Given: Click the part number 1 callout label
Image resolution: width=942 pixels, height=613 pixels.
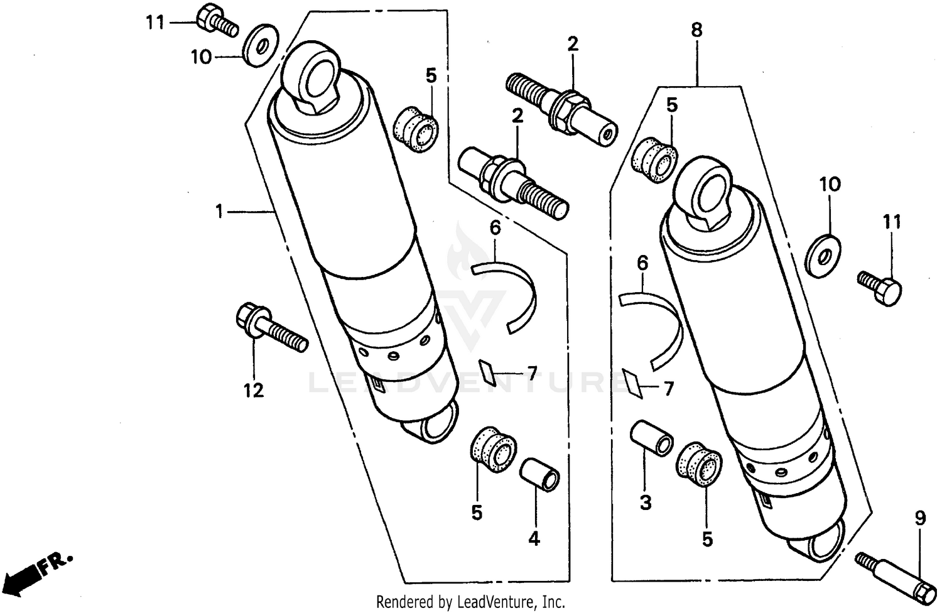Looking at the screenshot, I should coord(219,212).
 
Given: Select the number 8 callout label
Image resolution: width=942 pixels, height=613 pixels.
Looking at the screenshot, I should coord(696,30).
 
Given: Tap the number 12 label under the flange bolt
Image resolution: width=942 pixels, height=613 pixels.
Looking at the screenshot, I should coord(254,391).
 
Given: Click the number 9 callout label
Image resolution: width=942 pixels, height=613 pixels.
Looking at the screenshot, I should coord(920,519).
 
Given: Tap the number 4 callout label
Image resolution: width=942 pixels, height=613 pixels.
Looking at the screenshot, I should coord(534,538).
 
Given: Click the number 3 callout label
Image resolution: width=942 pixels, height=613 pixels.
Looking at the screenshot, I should coord(646,502).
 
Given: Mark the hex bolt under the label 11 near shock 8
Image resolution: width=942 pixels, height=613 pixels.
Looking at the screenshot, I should coord(880,287).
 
